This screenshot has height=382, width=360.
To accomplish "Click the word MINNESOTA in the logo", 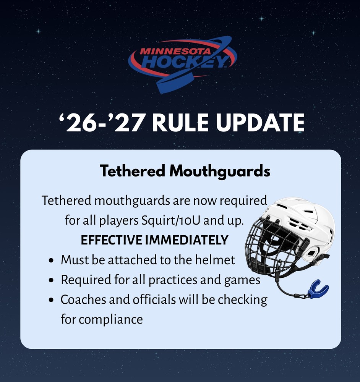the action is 175,51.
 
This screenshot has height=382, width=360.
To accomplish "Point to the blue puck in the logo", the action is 174,83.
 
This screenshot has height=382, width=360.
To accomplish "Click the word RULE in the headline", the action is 181,123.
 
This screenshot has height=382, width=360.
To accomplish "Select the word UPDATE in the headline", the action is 260,123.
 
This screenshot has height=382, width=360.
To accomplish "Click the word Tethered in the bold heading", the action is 133,171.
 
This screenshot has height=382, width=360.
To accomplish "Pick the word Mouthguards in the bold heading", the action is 220,171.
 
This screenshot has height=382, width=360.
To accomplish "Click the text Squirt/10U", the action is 171,220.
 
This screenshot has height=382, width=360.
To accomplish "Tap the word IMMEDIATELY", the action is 187,240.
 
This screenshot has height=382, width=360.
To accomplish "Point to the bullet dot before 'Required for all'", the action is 51,280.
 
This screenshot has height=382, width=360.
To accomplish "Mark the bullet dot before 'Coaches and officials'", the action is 51,300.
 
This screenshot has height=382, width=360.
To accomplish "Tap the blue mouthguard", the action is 318,289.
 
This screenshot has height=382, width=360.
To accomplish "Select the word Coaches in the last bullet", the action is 83,299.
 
